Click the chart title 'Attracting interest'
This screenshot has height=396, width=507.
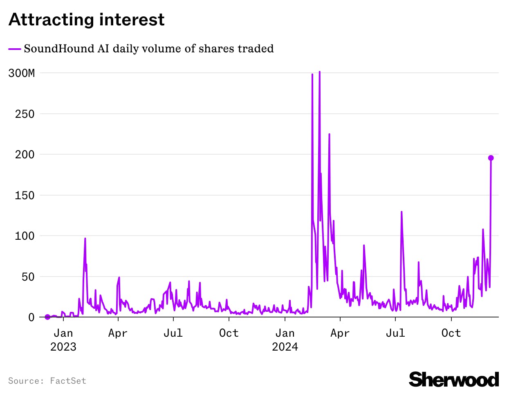coord(86,20)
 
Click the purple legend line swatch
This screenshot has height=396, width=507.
coord(15,49)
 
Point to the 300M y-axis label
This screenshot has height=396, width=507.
coord(22,73)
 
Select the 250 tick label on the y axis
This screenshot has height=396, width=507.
coord(25,114)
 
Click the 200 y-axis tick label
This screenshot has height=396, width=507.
coord(25,155)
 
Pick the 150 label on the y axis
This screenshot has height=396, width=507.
coord(25,195)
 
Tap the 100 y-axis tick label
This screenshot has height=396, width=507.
coord(25,236)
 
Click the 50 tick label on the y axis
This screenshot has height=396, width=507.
coord(28,277)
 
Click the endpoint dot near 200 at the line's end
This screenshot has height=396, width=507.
coord(491,158)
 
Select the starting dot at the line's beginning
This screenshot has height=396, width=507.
coord(47,317)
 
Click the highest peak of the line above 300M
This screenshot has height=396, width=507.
coord(319,72)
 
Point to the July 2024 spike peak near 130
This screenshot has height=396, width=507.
coord(402,212)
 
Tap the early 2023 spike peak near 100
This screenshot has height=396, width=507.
coord(85,239)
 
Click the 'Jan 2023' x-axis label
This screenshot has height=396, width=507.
coord(63,340)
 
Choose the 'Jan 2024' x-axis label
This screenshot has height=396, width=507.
coord(285,340)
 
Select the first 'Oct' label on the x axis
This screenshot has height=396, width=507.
coord(229,333)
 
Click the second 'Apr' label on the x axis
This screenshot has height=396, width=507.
coord(340,333)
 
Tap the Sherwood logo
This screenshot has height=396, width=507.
coord(454,379)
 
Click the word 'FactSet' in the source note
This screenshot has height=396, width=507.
coord(68,381)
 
